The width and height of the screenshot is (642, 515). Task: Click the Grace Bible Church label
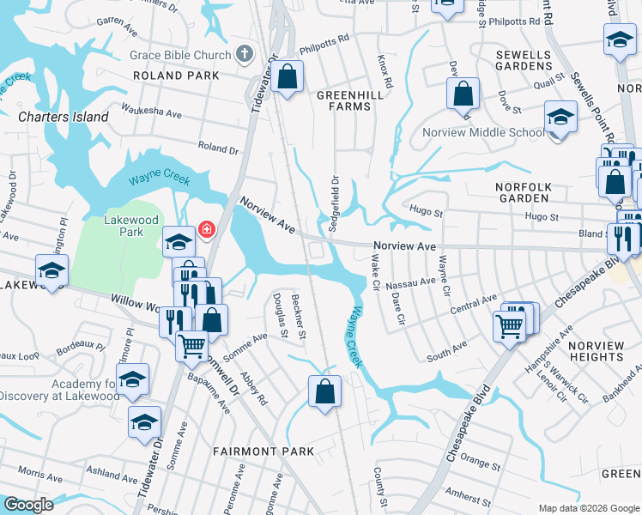tap(180, 55)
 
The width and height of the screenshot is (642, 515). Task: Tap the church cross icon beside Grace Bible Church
tap(244, 54)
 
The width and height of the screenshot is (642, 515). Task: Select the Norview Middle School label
tap(483, 132)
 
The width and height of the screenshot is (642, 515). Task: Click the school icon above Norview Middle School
tap(560, 118)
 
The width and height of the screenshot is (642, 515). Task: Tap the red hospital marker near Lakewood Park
tap(206, 229)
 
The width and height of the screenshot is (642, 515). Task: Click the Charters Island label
tap(64, 117)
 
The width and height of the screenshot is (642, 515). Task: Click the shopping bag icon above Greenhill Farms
tap(288, 77)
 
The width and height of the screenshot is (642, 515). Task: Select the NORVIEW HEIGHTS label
tap(597, 352)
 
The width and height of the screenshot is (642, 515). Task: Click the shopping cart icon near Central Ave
tap(510, 325)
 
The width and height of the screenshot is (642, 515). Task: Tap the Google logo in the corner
tap(28, 505)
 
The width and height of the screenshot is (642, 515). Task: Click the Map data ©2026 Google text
tap(588, 508)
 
